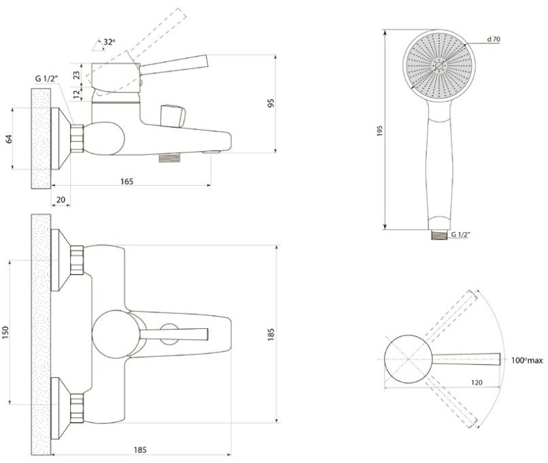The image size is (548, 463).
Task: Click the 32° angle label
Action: [x=109, y=42]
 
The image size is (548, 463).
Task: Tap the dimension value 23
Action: [x=77, y=74]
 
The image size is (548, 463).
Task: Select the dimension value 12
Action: [x=77, y=94]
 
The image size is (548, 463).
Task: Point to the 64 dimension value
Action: [x=10, y=139]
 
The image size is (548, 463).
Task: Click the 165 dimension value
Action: [x=127, y=181]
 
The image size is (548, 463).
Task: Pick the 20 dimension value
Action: [x=61, y=199]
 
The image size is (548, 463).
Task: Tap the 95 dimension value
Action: [x=271, y=103]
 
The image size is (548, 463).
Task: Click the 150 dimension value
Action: [x=5, y=332]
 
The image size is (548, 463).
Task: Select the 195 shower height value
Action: [x=380, y=131]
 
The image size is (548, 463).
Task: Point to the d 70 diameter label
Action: [x=494, y=39]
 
